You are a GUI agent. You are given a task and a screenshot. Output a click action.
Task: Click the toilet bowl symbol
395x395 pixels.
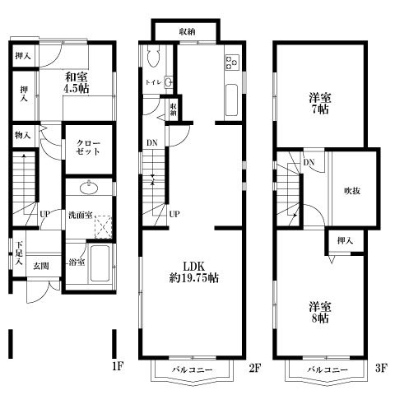pyautogui.click(x=154, y=56)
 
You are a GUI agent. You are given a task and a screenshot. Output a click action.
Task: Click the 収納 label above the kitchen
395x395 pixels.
pyautogui.click(x=186, y=31)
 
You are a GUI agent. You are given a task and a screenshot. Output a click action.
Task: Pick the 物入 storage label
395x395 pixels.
pyautogui.click(x=22, y=135)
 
